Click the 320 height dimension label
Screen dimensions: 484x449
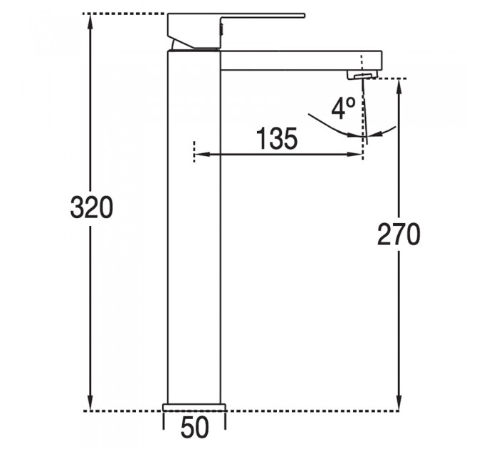[92, 207]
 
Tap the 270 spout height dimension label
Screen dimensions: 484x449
[399, 234]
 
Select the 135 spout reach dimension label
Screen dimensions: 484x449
[277, 138]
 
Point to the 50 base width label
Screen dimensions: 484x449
[194, 428]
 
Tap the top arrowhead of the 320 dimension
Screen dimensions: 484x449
[90, 21]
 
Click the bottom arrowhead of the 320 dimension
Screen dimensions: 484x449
[90, 403]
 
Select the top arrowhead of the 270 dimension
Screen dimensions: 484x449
[399, 86]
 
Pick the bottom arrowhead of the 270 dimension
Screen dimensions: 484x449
[399, 403]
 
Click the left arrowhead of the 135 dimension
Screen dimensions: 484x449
[202, 154]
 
